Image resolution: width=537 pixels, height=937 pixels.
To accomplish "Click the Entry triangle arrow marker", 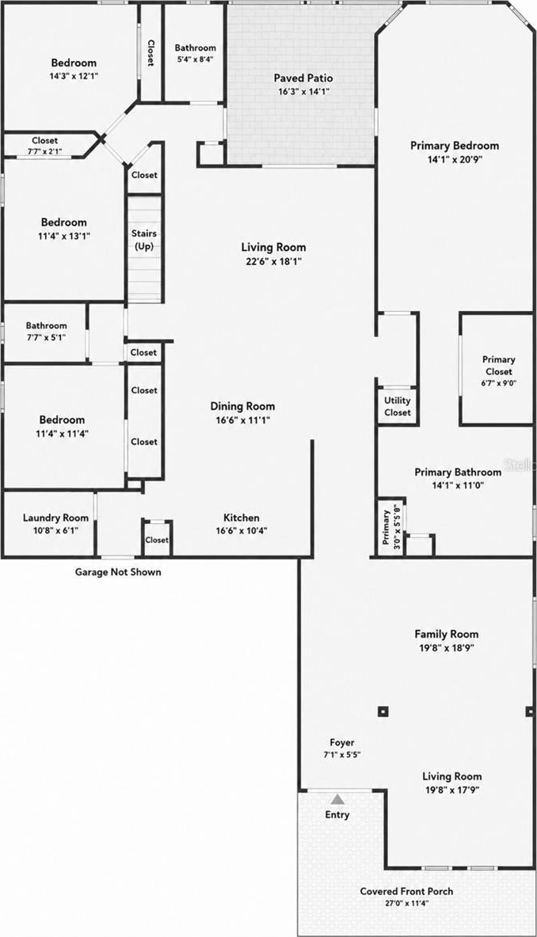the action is pos(338,799).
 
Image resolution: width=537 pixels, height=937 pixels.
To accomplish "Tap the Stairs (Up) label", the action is pos(143,240).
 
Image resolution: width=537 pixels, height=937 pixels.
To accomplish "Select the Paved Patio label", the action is pos(303,78).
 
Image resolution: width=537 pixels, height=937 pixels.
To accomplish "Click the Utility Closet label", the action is pos(398,406).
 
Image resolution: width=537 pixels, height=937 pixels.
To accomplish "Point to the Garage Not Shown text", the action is pos(118,572).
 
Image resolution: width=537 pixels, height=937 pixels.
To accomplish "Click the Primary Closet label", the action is pos(498,365).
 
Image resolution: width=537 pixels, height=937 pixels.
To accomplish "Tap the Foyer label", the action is pos(342,743).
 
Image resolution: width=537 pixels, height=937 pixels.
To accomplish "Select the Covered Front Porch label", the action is pos(406,891).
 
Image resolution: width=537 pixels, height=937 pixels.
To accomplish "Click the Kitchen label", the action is pos(242,518).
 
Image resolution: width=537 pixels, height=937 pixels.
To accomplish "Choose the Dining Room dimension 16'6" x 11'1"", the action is pos(243,420).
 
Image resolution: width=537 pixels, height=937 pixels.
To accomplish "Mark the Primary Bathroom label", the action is pos(458,472).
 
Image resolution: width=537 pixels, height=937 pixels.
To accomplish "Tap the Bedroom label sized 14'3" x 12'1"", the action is pos(74,63).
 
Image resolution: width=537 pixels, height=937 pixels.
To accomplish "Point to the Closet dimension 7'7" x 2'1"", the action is pos(45,151).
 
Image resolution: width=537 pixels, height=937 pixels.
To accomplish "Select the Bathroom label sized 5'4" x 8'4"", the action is pos(196,47).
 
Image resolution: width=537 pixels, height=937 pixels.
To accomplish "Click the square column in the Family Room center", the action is pos(383,711).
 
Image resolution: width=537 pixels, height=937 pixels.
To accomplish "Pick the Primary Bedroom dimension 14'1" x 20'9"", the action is pos(455,160).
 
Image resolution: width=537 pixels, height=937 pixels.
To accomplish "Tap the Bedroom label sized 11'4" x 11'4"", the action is pos(63,419).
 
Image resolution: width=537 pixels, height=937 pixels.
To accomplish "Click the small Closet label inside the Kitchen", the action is pos(157,540).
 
